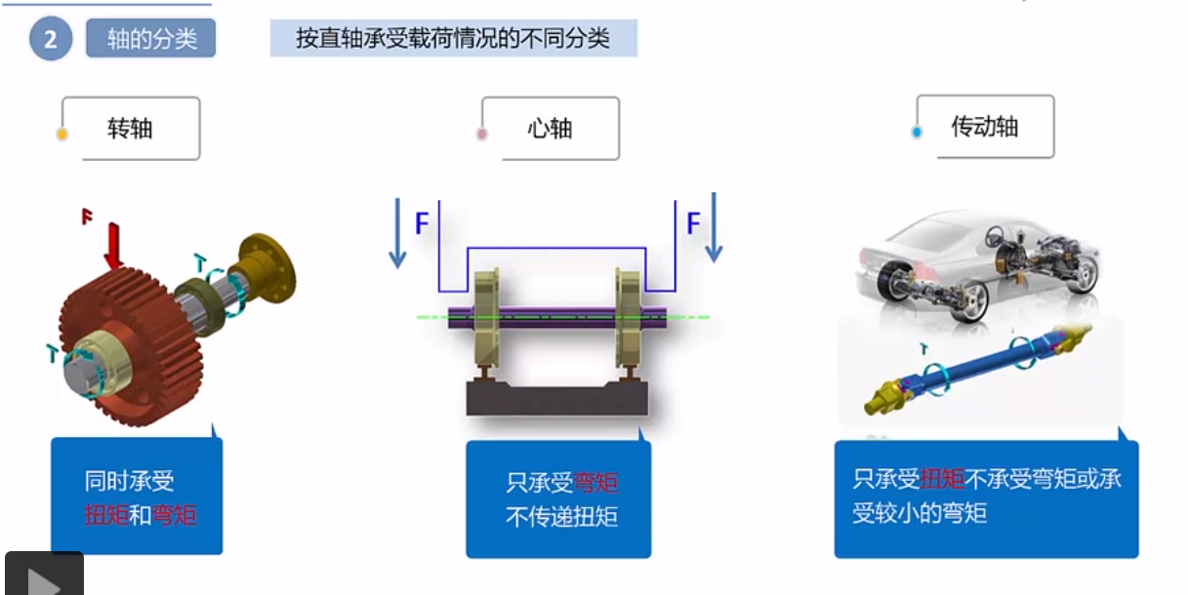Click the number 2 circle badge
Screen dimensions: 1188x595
(x=51, y=39)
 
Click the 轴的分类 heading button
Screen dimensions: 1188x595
(x=150, y=39)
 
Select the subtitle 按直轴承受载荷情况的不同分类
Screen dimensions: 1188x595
(x=453, y=39)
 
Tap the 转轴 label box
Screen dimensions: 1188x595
(x=131, y=128)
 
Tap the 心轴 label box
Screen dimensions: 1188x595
(x=550, y=128)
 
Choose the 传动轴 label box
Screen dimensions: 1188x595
(x=984, y=126)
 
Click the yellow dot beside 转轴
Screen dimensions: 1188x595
(x=61, y=134)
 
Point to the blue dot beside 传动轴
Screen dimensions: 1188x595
(x=917, y=132)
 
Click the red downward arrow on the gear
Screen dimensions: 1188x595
(x=113, y=245)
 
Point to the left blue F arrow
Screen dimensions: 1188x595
(x=396, y=232)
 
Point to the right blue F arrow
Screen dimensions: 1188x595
(x=714, y=228)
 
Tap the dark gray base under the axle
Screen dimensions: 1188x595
(x=556, y=396)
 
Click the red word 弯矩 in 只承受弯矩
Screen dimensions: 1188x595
(x=595, y=483)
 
